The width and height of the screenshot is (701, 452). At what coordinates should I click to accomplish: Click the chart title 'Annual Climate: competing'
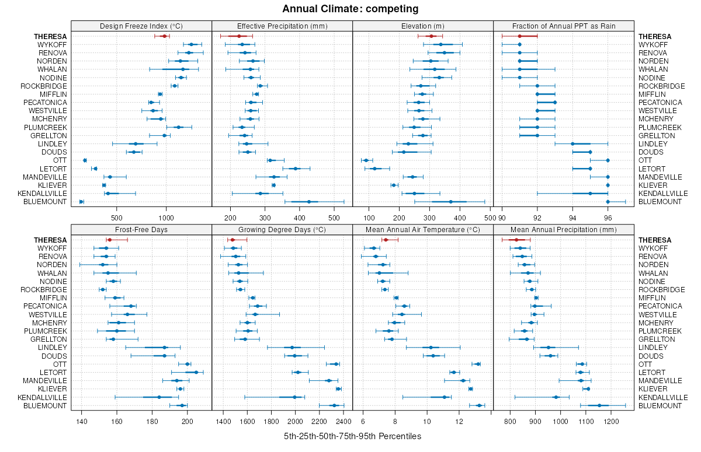[350, 9]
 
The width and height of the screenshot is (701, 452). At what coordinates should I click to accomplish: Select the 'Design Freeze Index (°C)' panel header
[141, 26]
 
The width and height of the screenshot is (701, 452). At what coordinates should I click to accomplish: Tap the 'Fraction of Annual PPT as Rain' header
[563, 26]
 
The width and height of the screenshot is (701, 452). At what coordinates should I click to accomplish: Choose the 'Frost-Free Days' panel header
[141, 229]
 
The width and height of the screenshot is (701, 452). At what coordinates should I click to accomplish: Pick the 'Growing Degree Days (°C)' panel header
[282, 229]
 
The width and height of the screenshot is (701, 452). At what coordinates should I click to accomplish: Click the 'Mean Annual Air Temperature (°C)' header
[423, 229]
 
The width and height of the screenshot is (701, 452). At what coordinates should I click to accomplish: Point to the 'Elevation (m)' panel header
[423, 26]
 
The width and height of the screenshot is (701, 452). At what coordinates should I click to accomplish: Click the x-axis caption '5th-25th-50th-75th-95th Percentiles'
[352, 436]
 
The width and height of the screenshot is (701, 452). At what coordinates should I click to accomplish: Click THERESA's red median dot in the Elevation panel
[432, 36]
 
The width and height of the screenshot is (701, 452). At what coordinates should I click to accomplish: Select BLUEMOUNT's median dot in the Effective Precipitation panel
[309, 202]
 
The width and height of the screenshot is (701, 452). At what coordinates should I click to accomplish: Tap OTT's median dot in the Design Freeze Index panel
[85, 160]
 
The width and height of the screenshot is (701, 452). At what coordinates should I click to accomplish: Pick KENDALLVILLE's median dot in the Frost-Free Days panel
[159, 397]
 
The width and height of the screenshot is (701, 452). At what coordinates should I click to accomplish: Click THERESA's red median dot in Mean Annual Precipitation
[516, 240]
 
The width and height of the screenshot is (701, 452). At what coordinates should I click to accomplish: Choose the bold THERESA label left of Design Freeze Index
[50, 36]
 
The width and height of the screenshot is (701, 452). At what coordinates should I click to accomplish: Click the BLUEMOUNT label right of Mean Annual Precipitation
[660, 405]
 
